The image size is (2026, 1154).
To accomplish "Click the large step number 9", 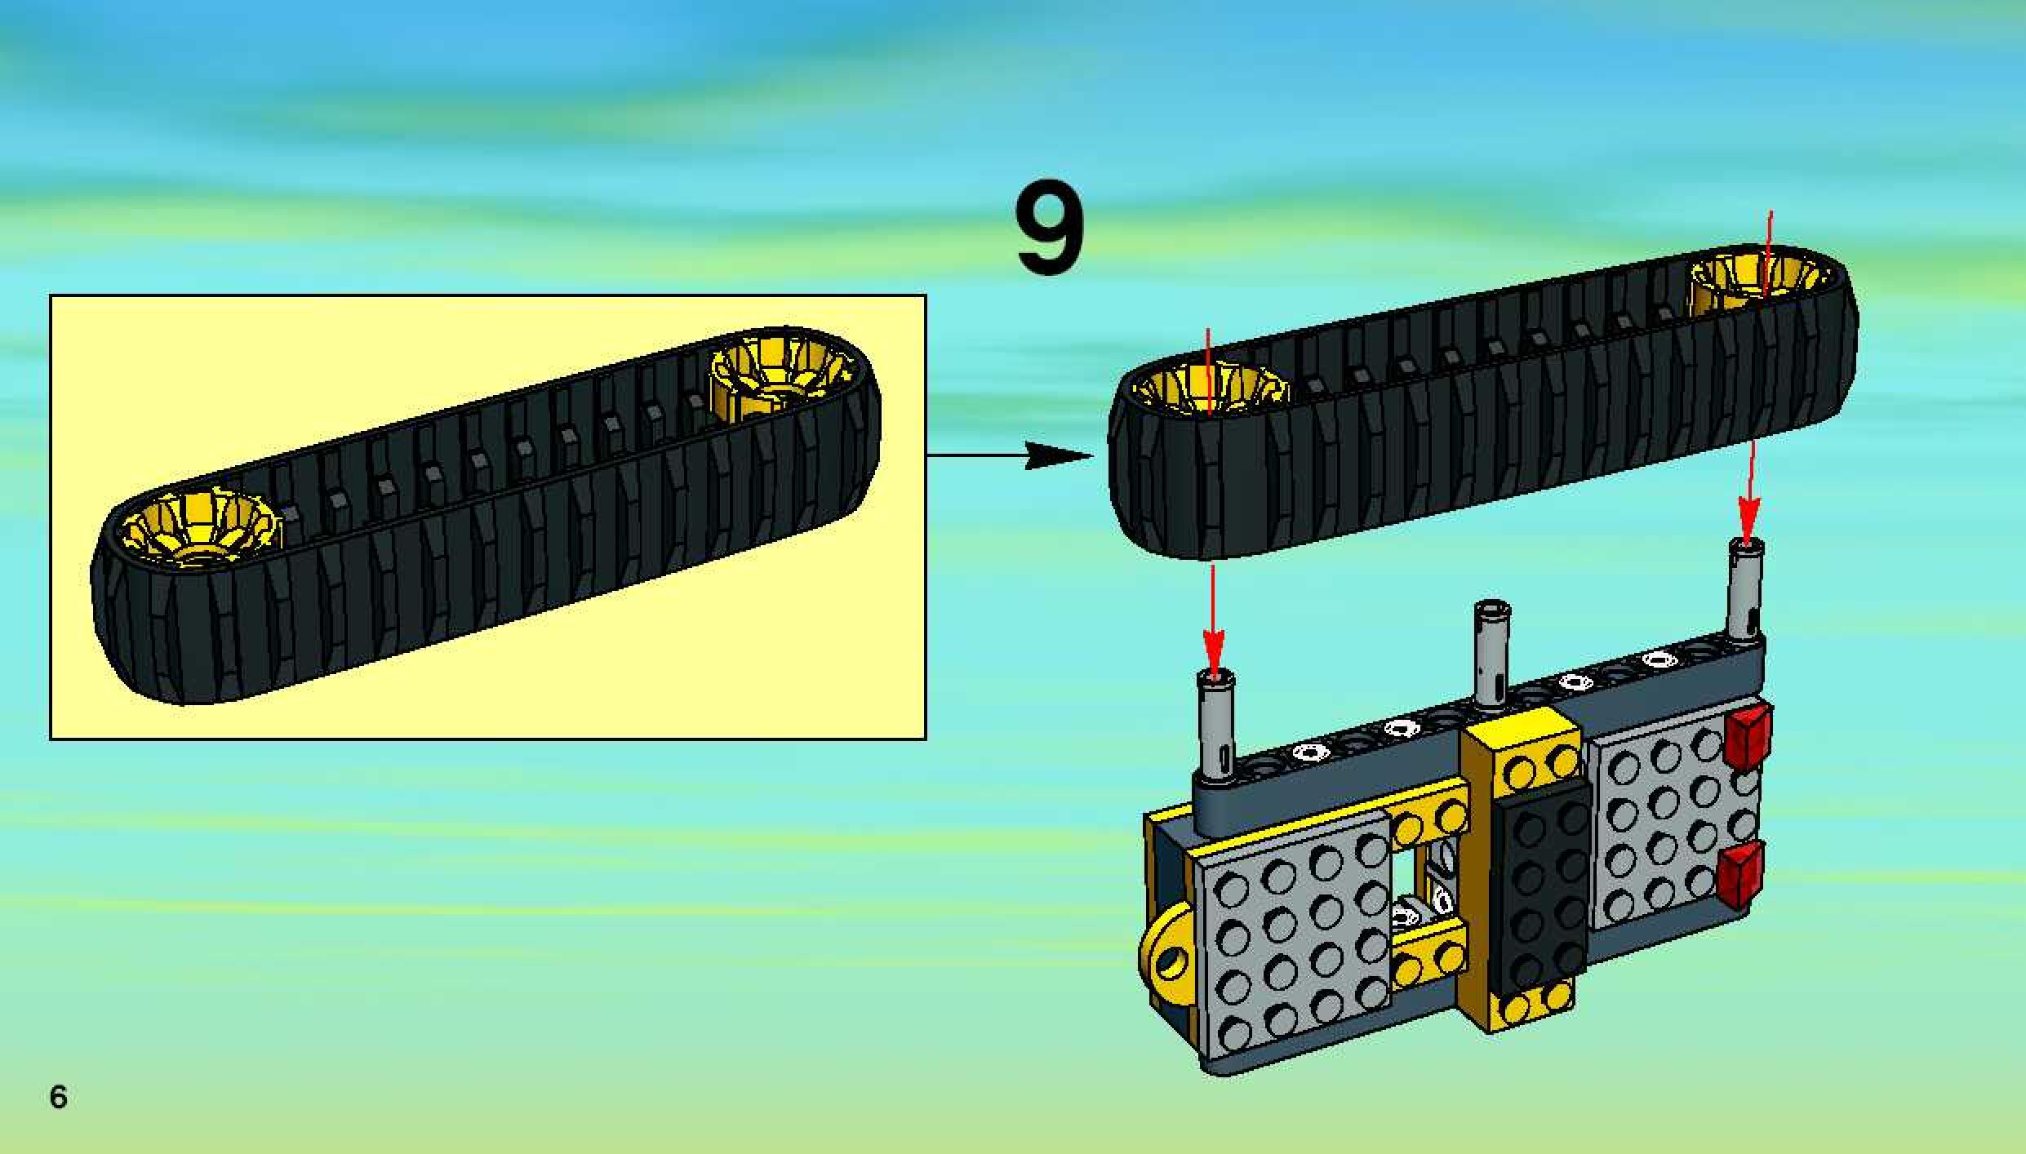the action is (1050, 229).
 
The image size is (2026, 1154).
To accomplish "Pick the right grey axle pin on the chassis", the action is (1745, 592).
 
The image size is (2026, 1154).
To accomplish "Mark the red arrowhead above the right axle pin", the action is (1747, 522).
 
